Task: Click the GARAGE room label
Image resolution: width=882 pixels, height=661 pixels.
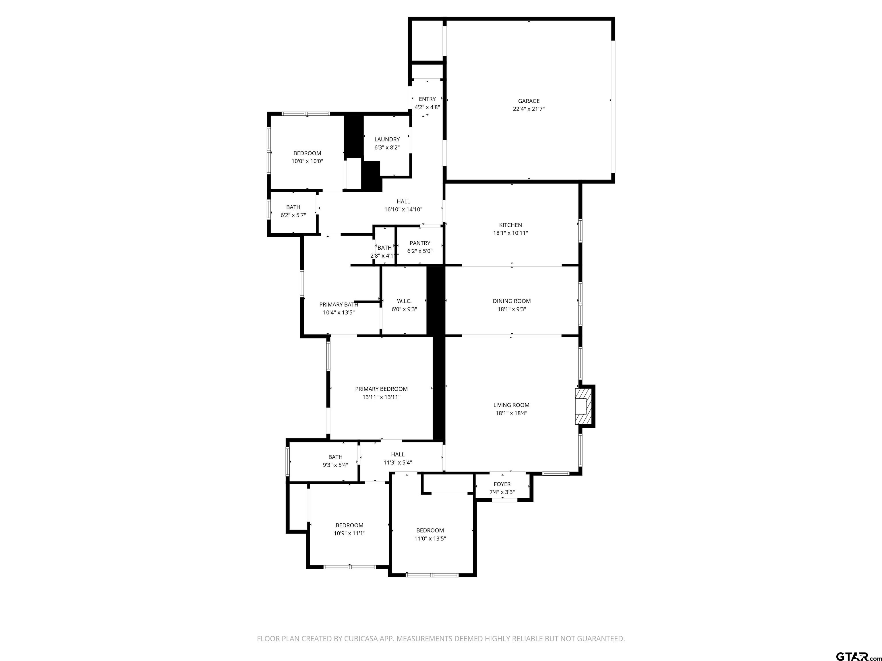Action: click(x=529, y=101)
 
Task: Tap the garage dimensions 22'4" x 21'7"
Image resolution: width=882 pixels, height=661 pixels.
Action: click(x=529, y=109)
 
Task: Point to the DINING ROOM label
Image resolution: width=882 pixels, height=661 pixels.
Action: click(x=512, y=301)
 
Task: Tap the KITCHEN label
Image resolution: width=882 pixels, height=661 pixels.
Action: click(x=510, y=225)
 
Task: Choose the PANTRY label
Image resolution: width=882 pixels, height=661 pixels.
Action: click(x=420, y=243)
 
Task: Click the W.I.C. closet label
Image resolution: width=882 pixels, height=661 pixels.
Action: click(x=404, y=301)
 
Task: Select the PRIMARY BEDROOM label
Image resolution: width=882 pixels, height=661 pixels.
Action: click(x=381, y=389)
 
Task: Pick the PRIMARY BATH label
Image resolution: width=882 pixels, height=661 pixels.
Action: click(x=339, y=304)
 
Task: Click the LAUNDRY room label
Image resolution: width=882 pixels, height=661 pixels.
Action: click(x=387, y=139)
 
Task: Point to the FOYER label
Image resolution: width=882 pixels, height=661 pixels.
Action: click(x=502, y=484)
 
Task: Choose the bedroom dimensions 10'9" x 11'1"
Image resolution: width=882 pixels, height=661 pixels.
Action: click(x=349, y=533)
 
